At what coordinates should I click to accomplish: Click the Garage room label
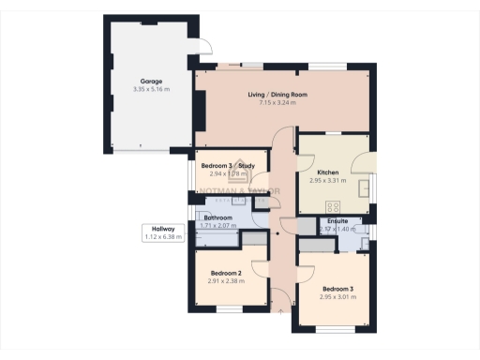coord(139,82)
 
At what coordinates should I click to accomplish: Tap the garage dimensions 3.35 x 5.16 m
coord(139,89)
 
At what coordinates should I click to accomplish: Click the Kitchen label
coord(327,173)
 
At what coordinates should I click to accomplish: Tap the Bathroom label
coord(217,218)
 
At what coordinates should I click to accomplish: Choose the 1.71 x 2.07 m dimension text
coord(217,226)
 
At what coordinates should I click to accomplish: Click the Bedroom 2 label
coord(226,273)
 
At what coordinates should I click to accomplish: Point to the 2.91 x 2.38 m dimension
coord(226,280)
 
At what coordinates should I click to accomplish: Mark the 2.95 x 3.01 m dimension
coord(338,296)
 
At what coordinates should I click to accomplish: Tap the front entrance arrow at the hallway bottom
coord(279,307)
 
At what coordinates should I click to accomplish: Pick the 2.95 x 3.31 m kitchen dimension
coord(328,181)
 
